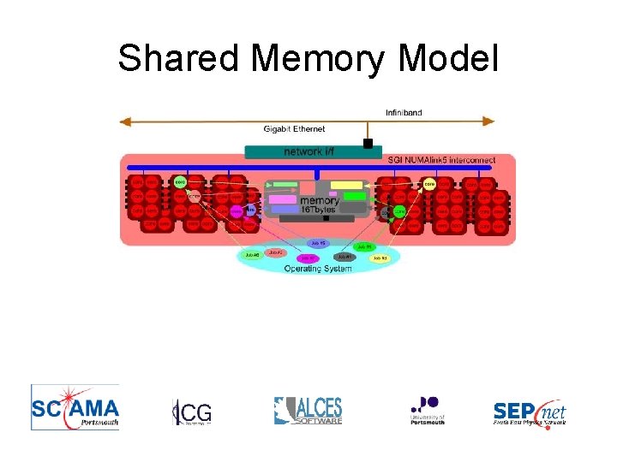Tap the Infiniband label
pos(404,112)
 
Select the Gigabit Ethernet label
pos(294,129)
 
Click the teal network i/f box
pos(308,151)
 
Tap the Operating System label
pos(318,268)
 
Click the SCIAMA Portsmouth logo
pos(75,406)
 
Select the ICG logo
pos(191,412)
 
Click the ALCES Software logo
pos(308,410)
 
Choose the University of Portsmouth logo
pos(427,409)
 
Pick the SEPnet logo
pos(530,412)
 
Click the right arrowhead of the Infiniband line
pos(490,121)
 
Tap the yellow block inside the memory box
pos(346,185)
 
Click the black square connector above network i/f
pos(368,144)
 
